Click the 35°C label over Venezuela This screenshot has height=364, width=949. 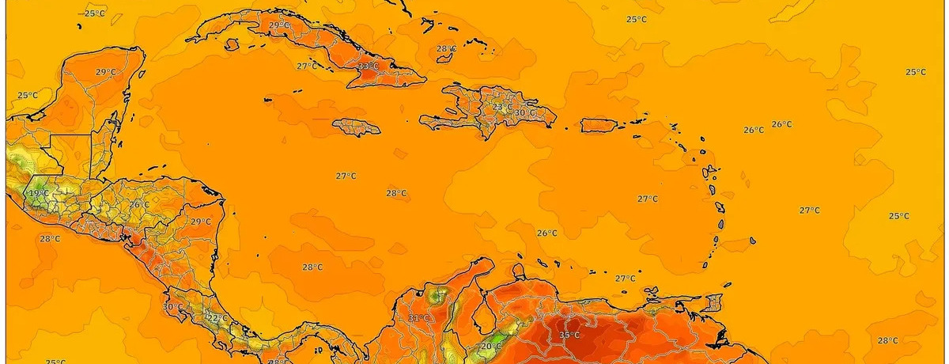pyautogui.click(x=569, y=336)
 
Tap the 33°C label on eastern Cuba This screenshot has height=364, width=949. pyautogui.click(x=368, y=66)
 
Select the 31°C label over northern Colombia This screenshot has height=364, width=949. pyautogui.click(x=418, y=319)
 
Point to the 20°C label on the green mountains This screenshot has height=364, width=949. pyautogui.click(x=491, y=347)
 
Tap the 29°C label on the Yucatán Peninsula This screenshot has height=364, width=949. pyautogui.click(x=106, y=73)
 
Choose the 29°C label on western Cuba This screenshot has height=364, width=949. pyautogui.click(x=279, y=25)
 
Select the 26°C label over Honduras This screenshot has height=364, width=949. pyautogui.click(x=139, y=205)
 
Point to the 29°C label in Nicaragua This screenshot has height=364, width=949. pyautogui.click(x=200, y=222)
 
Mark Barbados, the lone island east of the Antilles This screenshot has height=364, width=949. pyautogui.click(x=754, y=240)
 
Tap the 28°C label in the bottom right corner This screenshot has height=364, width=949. pyautogui.click(x=887, y=340)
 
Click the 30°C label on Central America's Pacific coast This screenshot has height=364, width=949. pyautogui.click(x=172, y=306)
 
